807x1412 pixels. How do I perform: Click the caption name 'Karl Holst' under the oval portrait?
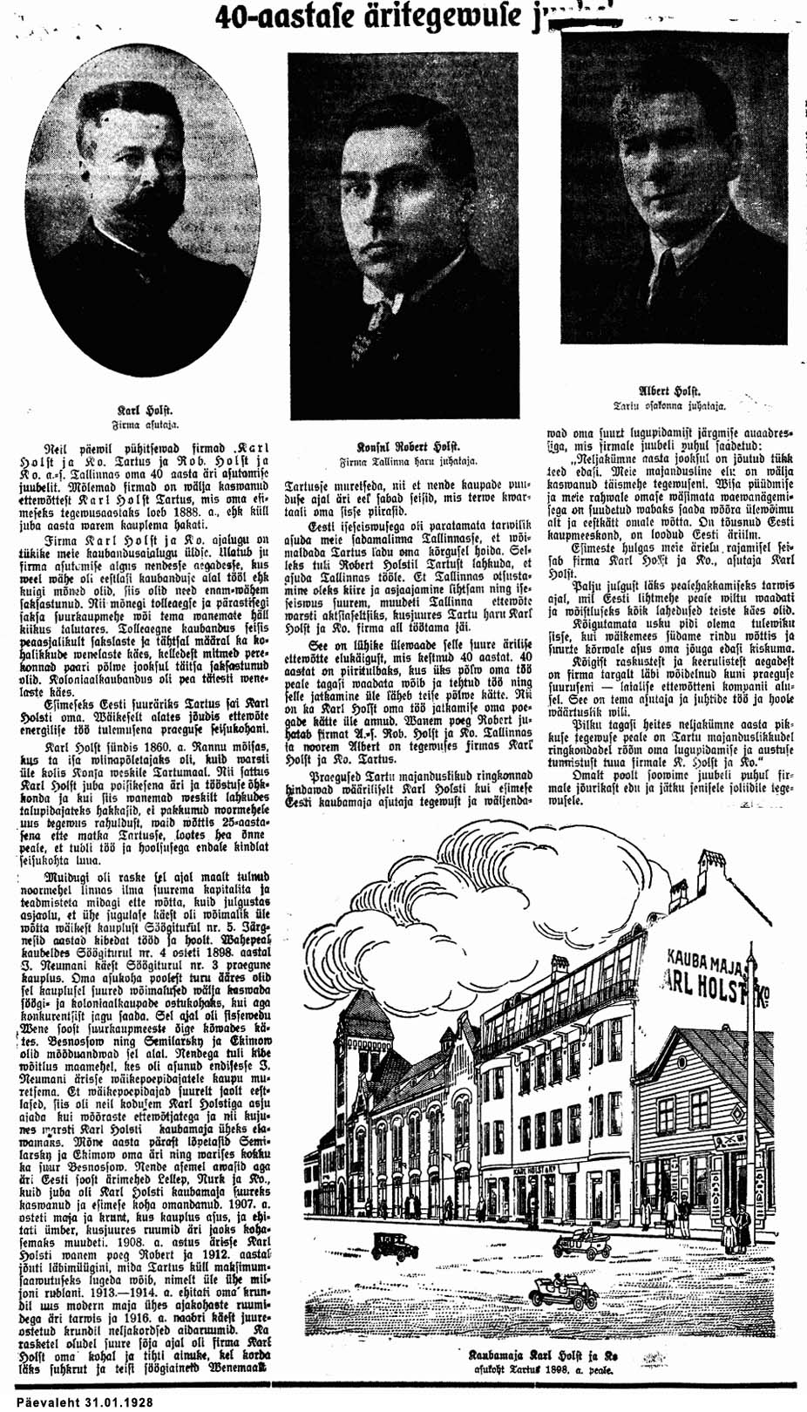tap(146, 409)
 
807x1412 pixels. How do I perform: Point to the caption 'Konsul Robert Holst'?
tap(409, 445)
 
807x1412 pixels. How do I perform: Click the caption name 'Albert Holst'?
tap(670, 391)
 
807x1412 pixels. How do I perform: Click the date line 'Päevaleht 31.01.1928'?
tap(78, 1402)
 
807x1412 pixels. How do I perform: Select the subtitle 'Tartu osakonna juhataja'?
tap(669, 406)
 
